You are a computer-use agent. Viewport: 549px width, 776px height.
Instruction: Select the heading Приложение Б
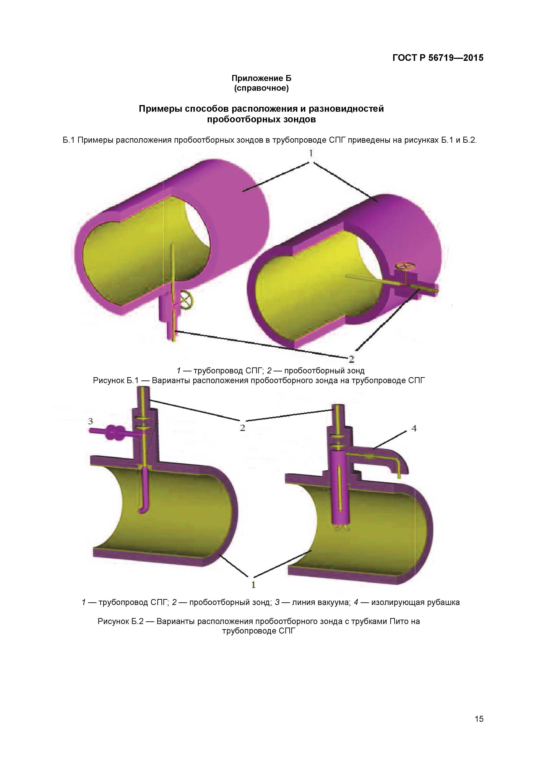click(261, 78)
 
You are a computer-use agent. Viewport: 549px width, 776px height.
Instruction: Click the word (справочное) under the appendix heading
click(261, 88)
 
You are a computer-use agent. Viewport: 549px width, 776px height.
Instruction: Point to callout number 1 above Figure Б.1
click(311, 154)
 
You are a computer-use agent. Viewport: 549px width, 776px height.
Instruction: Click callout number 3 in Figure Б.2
click(90, 421)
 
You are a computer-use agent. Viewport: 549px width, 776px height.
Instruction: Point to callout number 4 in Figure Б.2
click(414, 428)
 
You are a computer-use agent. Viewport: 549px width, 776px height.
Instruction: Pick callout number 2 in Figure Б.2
click(242, 428)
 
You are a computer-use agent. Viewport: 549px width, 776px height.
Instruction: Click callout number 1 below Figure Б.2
click(253, 584)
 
